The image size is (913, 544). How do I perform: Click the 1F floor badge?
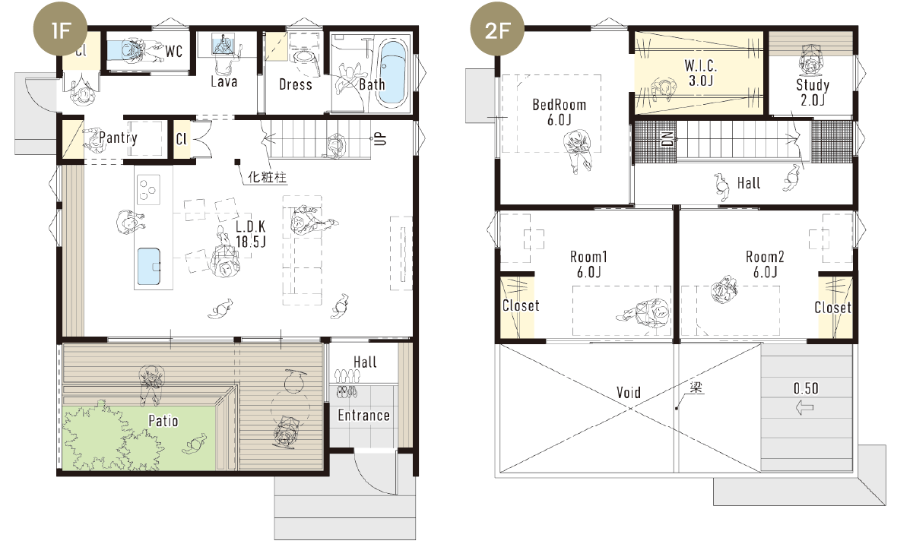point(60,30)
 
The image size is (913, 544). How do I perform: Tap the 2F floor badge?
point(497,30)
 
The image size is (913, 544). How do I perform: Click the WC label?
point(173,52)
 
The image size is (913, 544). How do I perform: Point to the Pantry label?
point(118,138)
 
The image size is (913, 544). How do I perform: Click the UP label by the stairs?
point(380,138)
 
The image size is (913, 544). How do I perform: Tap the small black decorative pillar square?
point(237,162)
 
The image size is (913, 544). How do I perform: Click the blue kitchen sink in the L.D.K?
point(149,266)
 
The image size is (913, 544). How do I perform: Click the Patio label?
point(163,421)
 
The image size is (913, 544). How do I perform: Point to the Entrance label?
point(363,416)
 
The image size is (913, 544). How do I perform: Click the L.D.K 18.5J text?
point(251,234)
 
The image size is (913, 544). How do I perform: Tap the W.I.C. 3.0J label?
point(701,73)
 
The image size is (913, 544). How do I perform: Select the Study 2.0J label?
point(813,93)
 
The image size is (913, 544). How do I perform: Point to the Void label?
point(629,393)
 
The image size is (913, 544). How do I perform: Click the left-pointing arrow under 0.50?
point(804,407)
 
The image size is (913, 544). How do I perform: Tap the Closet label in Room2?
point(832,308)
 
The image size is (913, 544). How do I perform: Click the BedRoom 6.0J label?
point(560,112)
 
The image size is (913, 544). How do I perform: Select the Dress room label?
point(296,85)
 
